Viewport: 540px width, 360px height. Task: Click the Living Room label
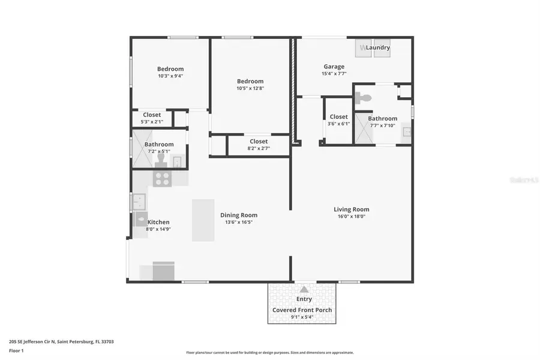352,209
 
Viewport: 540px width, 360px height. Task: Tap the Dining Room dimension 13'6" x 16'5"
239,222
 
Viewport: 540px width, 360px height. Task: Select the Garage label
334,67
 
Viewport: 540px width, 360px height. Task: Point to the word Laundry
378,47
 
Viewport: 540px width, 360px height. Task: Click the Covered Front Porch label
302,310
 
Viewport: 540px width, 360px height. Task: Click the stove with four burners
162,178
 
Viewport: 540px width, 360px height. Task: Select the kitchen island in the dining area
203,220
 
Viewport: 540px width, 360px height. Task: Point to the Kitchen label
158,222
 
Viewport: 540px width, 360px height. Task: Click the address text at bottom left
61,341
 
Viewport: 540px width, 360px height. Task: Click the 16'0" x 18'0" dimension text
352,217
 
